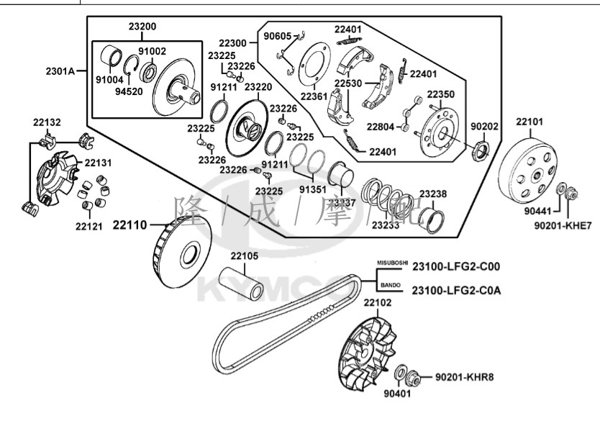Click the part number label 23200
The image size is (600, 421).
pos(142,27)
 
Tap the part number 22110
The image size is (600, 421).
pos(129,225)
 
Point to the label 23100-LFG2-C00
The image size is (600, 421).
pos(456,266)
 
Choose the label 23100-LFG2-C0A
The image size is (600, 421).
pos(456,290)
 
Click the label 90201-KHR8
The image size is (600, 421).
pos(465,377)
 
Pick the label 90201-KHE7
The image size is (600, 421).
pos(563,225)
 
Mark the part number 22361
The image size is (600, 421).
pos(314,96)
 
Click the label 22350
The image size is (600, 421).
pos(440,94)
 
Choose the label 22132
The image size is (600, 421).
pos(47,122)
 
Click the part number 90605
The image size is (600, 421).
pos(277,36)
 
